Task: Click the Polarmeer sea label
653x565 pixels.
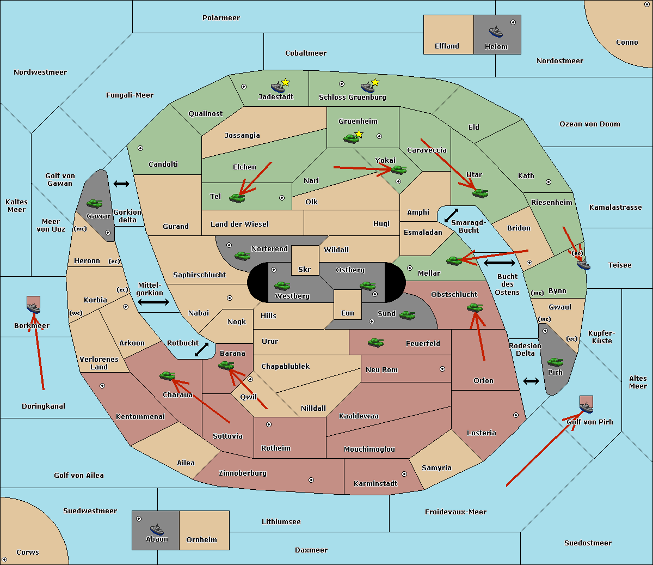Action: [221, 18]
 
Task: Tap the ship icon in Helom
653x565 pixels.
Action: [495, 32]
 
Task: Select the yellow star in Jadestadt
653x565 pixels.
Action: [285, 82]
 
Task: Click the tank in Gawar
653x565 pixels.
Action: [94, 204]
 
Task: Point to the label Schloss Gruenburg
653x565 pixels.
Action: [352, 98]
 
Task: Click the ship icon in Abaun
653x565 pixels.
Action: [157, 529]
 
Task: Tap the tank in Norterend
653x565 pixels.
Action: [242, 255]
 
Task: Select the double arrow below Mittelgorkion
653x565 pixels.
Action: [153, 302]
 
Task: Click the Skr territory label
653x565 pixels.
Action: [305, 269]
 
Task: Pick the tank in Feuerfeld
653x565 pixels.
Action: [376, 343]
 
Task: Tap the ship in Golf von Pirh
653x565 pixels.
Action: [586, 407]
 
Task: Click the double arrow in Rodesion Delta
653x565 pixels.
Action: [531, 381]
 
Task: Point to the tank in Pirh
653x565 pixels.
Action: [555, 362]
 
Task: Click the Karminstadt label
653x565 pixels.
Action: [375, 483]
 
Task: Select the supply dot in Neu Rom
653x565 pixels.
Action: [442, 369]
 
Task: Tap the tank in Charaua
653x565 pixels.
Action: [167, 375]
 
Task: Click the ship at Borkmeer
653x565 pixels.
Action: [34, 308]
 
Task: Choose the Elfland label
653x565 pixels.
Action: [447, 46]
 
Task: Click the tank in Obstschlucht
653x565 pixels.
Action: [475, 308]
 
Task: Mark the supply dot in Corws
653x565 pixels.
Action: [5, 560]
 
